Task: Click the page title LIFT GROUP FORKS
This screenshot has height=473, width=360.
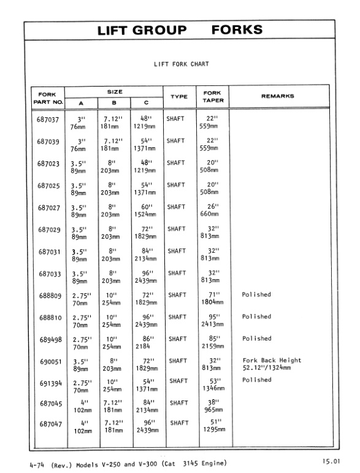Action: coord(180,30)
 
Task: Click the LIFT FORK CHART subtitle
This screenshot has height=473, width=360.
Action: coord(181,64)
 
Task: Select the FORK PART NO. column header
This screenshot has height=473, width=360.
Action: coord(47,97)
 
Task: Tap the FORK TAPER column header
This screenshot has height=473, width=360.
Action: coord(212,97)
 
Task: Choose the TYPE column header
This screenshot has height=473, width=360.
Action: coord(178,96)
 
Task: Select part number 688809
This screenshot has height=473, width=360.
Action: coord(48,295)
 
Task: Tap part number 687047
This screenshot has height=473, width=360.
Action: coord(48,424)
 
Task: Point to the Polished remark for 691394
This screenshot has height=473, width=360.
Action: coord(256,380)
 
